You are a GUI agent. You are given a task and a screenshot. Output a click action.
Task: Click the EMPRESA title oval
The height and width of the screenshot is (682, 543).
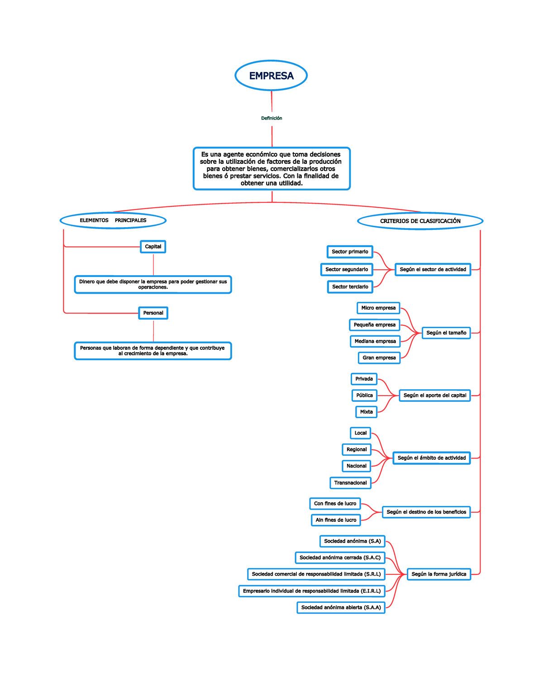pyautogui.click(x=271, y=76)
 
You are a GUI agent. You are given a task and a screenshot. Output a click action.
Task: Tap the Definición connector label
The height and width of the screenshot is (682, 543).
pyautogui.click(x=271, y=118)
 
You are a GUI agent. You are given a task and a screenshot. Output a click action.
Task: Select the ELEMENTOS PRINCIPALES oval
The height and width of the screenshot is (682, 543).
pyautogui.click(x=113, y=220)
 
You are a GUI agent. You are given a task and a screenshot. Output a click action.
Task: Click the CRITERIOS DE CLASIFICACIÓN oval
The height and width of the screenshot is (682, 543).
pyautogui.click(x=420, y=221)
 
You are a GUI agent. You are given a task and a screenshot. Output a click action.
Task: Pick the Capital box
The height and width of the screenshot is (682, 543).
pyautogui.click(x=153, y=247)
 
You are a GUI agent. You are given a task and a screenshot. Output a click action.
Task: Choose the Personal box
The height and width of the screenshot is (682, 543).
pyautogui.click(x=153, y=313)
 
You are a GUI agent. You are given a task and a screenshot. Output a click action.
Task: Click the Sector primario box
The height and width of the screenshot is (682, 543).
pyautogui.click(x=350, y=252)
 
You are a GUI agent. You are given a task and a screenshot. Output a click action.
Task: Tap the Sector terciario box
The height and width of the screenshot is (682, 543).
pyautogui.click(x=350, y=286)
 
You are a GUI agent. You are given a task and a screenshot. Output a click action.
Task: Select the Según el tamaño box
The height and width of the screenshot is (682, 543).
pyautogui.click(x=446, y=333)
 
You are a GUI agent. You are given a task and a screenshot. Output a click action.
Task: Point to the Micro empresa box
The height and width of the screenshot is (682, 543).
pyautogui.click(x=378, y=308)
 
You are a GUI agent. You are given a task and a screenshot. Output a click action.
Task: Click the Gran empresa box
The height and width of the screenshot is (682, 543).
pyautogui.click(x=379, y=358)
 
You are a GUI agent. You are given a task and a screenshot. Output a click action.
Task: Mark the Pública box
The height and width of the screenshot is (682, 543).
pyautogui.click(x=364, y=395)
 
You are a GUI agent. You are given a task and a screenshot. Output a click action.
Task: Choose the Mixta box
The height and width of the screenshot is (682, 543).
pyautogui.click(x=366, y=412)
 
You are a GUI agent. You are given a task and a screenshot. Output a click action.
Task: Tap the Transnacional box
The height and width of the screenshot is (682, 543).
pyautogui.click(x=350, y=483)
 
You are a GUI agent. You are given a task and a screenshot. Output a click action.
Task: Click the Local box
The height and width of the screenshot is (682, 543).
pyautogui.click(x=360, y=433)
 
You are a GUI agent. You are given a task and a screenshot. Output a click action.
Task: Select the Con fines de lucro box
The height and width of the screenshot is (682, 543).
pyautogui.click(x=335, y=504)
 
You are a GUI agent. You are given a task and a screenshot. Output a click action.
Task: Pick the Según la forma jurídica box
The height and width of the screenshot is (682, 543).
pyautogui.click(x=438, y=574)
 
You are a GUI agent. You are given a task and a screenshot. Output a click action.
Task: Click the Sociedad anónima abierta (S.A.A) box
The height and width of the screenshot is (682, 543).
pyautogui.click(x=341, y=607)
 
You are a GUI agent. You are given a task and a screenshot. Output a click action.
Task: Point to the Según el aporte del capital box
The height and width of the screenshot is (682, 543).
pyautogui.click(x=434, y=395)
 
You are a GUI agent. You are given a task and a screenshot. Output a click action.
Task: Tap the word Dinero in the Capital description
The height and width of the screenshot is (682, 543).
pyautogui.click(x=86, y=281)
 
